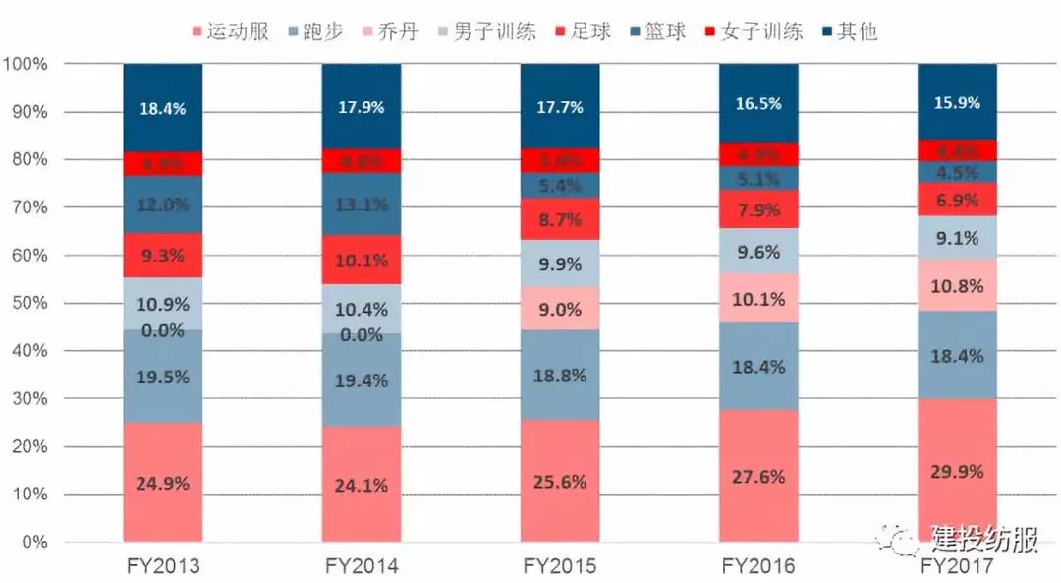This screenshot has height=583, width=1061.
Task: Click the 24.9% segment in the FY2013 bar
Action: (163, 482)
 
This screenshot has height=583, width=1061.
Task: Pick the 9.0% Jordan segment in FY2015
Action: (561, 309)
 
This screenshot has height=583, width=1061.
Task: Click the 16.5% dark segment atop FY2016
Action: (758, 103)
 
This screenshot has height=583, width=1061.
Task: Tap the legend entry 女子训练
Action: (754, 31)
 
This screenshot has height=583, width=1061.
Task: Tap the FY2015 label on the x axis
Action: (560, 567)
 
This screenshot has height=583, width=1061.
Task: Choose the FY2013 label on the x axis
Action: (163, 567)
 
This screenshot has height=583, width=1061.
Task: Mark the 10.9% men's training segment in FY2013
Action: (163, 304)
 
